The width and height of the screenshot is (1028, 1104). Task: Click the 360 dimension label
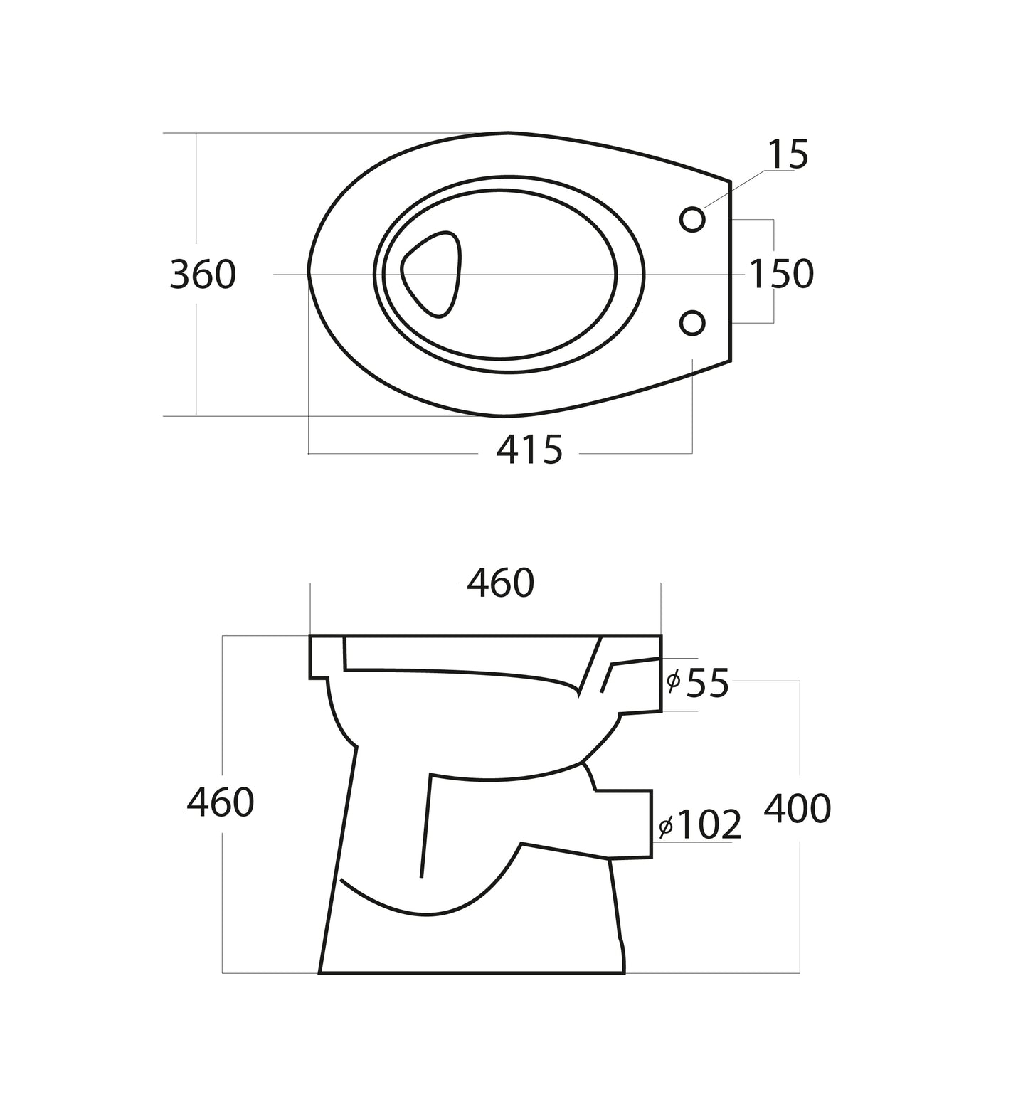click(x=203, y=275)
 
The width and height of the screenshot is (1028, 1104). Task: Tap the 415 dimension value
click(x=529, y=450)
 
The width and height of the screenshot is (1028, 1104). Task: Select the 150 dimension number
click(x=781, y=274)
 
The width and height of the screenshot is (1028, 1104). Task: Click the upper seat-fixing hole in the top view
click(x=692, y=220)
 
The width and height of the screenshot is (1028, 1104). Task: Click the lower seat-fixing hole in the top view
click(x=692, y=323)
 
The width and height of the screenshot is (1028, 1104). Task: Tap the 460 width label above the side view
click(x=499, y=583)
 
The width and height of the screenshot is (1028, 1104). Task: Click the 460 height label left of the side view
click(x=221, y=803)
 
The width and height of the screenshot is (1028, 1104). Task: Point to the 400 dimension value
click(x=797, y=809)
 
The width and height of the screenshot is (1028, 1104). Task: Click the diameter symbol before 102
click(x=666, y=827)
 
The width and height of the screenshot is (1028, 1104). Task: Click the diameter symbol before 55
click(x=673, y=682)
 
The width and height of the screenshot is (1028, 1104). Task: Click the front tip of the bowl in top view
click(x=309, y=273)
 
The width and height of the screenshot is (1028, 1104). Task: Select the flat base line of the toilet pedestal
click(x=472, y=972)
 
